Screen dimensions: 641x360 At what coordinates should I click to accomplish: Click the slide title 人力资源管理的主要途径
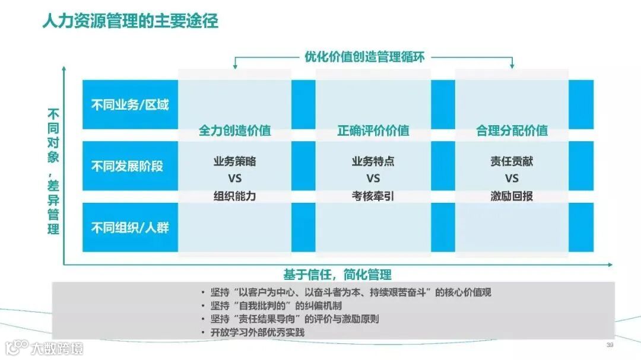[130, 22]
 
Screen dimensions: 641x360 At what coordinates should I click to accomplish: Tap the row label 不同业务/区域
[130, 105]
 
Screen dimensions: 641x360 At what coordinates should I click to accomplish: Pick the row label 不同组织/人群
[130, 227]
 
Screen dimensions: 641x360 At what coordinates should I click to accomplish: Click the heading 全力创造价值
[234, 131]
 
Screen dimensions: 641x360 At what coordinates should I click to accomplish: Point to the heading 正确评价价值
[373, 131]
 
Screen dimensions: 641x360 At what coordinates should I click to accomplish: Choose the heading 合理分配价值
[512, 131]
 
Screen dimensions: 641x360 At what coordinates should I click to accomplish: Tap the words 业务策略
[234, 161]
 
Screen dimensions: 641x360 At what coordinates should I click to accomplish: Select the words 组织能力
[234, 196]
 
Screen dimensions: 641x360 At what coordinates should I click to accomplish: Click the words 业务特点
[373, 161]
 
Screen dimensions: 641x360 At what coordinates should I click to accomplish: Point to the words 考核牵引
[373, 196]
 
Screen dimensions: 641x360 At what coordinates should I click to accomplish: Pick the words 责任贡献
[512, 161]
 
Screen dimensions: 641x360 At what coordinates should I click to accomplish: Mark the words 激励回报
[512, 196]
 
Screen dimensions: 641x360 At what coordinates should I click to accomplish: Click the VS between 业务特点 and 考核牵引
[373, 179]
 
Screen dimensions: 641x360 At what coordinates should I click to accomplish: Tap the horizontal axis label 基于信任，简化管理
[337, 275]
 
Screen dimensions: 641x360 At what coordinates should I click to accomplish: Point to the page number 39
[609, 345]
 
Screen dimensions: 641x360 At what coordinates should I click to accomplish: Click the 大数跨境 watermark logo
[45, 348]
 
